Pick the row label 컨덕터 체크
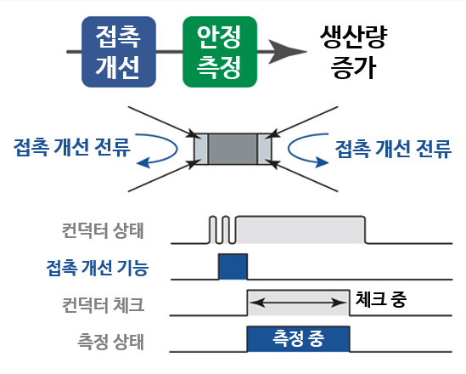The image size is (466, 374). [104, 303]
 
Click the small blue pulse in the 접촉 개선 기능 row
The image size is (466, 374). [233, 267]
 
